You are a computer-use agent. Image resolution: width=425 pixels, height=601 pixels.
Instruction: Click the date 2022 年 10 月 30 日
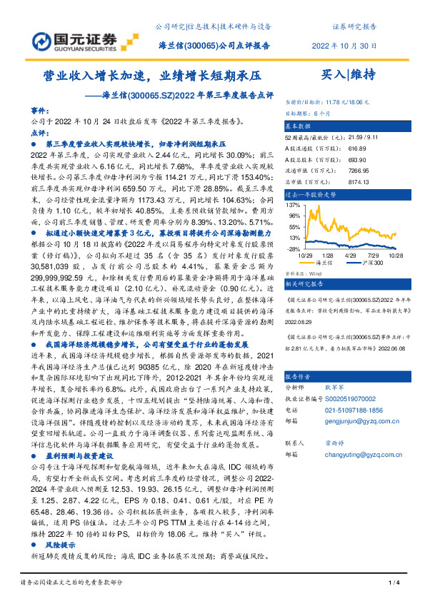coord(344,44)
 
